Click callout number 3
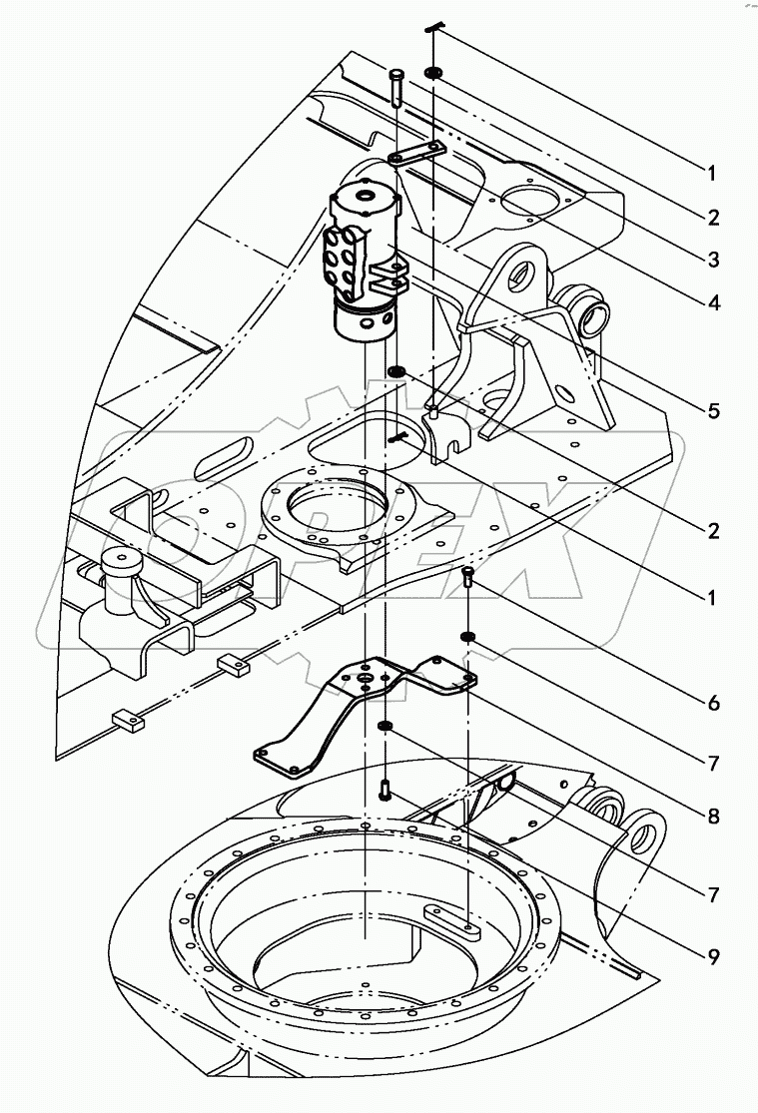711,260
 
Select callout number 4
711,301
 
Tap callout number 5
711,410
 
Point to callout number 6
711,703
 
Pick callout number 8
711,816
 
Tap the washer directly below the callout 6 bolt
467,636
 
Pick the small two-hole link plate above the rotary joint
417,155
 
